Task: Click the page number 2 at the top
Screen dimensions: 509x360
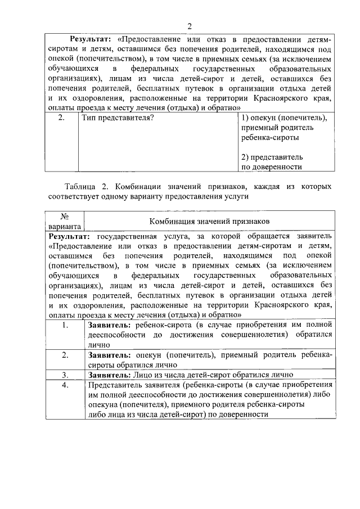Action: click(x=190, y=26)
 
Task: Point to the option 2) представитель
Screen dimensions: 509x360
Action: click(x=272, y=157)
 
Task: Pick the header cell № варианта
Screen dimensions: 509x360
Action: click(x=65, y=220)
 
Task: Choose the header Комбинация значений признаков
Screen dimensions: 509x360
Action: click(x=209, y=220)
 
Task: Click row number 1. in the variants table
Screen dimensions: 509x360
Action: click(x=65, y=326)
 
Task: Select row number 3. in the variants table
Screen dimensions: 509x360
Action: click(x=65, y=374)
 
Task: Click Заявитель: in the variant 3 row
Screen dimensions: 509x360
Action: click(x=109, y=374)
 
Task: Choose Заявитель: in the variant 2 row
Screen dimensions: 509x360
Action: click(x=109, y=355)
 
